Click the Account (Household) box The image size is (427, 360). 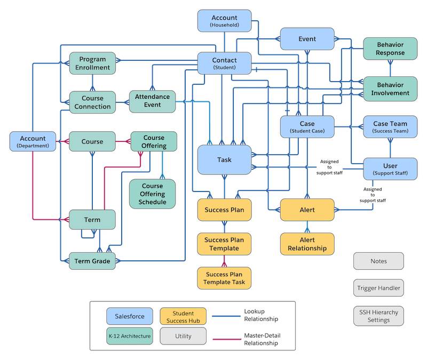pyautogui.click(x=224, y=21)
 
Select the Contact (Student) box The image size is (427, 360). pyautogui.click(x=224, y=63)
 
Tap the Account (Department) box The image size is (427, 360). pyautogui.click(x=32, y=141)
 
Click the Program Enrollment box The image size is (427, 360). pyautogui.click(x=92, y=63)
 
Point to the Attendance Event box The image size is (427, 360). pyautogui.click(x=152, y=101)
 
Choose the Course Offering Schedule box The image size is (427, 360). pyautogui.click(x=153, y=194)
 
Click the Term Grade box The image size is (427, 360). pyautogui.click(x=92, y=261)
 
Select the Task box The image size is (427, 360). pyautogui.click(x=224, y=160)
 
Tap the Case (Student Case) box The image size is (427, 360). pyautogui.click(x=307, y=127)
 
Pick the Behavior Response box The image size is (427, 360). pyautogui.click(x=390, y=49)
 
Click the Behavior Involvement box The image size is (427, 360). pyautogui.click(x=390, y=89)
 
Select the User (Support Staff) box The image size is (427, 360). pyautogui.click(x=390, y=169)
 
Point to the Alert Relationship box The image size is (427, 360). pyautogui.click(x=307, y=244)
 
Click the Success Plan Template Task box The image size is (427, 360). pyautogui.click(x=224, y=278)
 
